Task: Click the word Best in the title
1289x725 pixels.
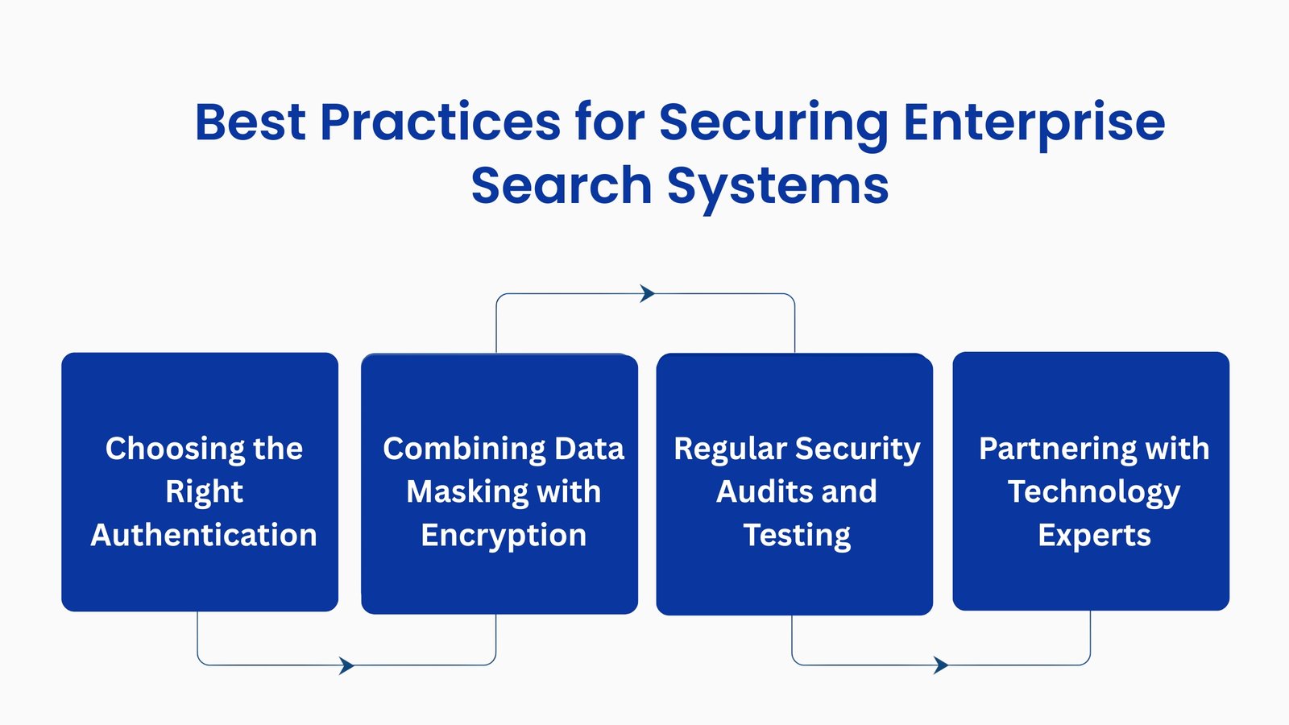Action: pos(250,122)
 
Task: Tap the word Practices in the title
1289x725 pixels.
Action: pos(440,122)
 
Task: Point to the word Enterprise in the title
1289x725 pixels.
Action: pos(1034,122)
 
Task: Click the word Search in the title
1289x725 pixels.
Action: pos(561,185)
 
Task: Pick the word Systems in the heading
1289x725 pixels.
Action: pos(777,185)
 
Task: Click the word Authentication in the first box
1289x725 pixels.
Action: pos(204,535)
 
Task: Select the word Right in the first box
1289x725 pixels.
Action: pos(204,491)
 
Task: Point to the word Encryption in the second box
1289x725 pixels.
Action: pos(504,535)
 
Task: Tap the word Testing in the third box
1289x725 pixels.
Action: pos(797,535)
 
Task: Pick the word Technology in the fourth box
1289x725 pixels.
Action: pos(1093,491)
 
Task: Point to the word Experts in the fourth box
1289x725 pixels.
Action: pos(1094,535)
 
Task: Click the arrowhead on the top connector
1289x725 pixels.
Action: pos(647,294)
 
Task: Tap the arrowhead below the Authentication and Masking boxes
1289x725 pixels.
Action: pos(346,665)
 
